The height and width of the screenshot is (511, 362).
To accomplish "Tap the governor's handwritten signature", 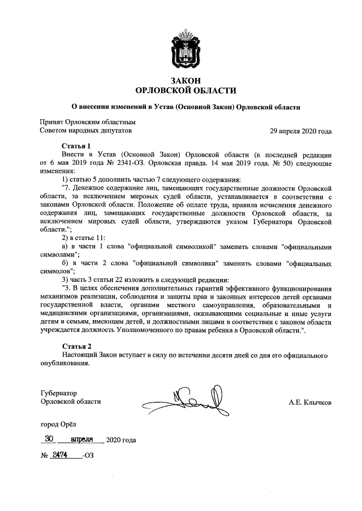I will pyautogui.click(x=187, y=401).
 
